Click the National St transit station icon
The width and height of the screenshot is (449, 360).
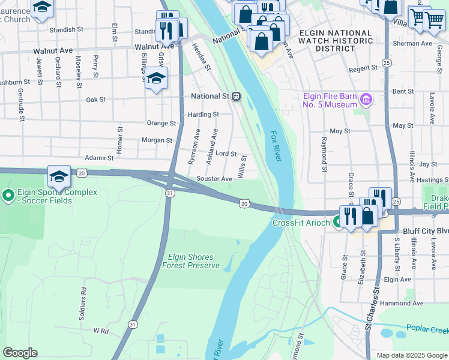pos(237,96)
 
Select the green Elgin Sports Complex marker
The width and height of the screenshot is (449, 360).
pos(8,195)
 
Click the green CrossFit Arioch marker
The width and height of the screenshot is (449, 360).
pos(338,222)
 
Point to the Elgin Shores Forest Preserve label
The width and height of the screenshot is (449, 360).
pos(191,261)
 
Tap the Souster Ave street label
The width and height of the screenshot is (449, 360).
pos(214,179)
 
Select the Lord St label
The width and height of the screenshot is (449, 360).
pos(226,154)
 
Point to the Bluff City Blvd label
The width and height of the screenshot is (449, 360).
pos(426,230)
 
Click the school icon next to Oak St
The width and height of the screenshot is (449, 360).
pos(156,79)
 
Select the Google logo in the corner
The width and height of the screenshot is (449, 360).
pos(19,353)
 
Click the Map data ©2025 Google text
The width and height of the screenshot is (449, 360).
pos(411,355)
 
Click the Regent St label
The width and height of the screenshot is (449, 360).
pos(363,69)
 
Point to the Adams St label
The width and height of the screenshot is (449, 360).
pos(99,158)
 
